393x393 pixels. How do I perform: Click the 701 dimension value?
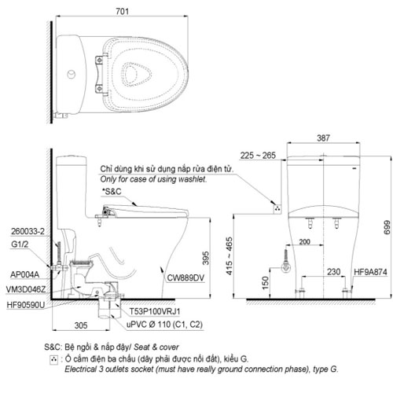pyautogui.click(x=123, y=11)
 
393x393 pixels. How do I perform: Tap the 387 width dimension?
pyautogui.click(x=323, y=138)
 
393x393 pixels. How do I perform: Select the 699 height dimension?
pyautogui.click(x=387, y=227)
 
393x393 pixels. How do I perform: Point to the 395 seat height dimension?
pyautogui.click(x=206, y=258)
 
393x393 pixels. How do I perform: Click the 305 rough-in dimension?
pyautogui.click(x=81, y=325)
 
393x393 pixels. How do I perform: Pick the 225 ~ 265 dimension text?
pyautogui.click(x=258, y=156)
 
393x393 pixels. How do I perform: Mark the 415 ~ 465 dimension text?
pyautogui.click(x=230, y=255)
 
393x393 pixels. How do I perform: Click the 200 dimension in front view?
pyautogui.click(x=304, y=241)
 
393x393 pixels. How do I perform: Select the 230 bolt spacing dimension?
pyautogui.click(x=333, y=272)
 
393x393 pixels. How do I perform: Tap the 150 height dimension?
pyautogui.click(x=265, y=283)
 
